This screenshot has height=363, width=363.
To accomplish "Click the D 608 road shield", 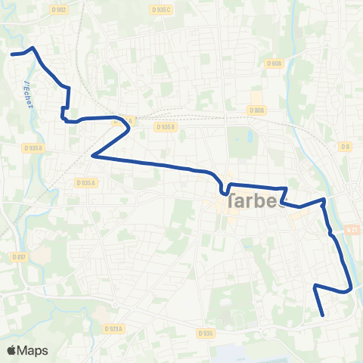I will (x=275, y=64).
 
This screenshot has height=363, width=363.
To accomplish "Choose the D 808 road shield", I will (x=257, y=110).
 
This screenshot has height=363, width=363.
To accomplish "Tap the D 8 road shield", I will (x=345, y=145).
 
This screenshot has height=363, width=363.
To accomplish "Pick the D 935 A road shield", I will (x=85, y=182).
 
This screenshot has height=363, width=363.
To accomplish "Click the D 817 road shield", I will (x=20, y=257).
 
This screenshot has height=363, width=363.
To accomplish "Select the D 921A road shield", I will (x=115, y=328).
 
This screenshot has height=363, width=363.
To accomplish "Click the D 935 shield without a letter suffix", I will (x=205, y=333).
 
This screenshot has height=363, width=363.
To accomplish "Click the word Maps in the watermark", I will (x=33, y=350).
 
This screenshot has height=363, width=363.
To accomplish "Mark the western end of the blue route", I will (x=11, y=54).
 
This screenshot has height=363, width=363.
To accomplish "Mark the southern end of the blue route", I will (x=323, y=315).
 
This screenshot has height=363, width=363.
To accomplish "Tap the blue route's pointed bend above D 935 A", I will (x=92, y=156).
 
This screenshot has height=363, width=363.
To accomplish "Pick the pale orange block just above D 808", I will (x=257, y=97).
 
